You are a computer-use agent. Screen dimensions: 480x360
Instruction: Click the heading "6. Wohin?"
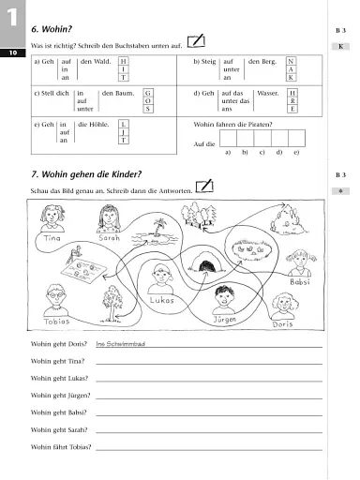56,30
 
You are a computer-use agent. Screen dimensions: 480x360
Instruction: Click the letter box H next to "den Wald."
124,60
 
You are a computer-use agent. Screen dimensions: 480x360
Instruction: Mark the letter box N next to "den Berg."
292,60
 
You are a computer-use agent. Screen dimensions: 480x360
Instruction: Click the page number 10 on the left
9,53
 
